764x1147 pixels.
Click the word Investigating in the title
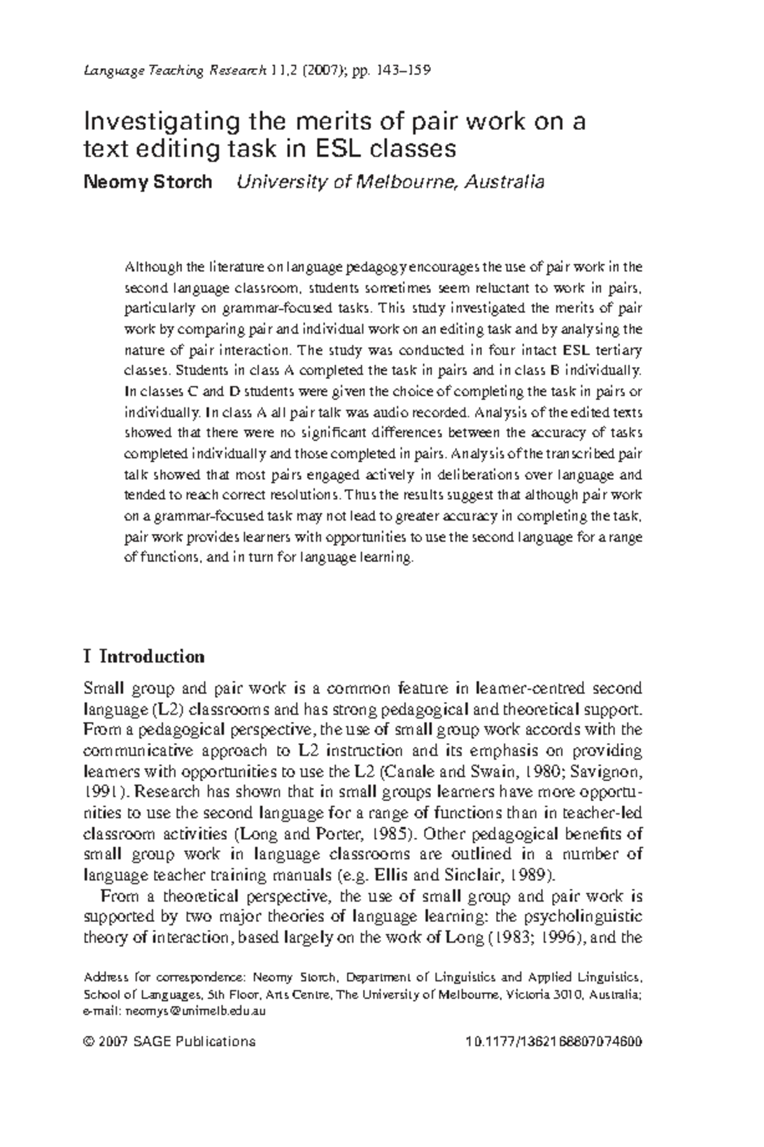(161, 121)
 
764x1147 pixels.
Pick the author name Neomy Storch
(148, 182)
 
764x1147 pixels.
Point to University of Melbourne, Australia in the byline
(390, 182)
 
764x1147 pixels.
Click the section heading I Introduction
(145, 657)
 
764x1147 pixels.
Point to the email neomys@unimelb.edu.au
(196, 1012)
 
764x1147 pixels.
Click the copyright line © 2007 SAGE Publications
(169, 1042)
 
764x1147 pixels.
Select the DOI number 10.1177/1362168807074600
(554, 1042)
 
